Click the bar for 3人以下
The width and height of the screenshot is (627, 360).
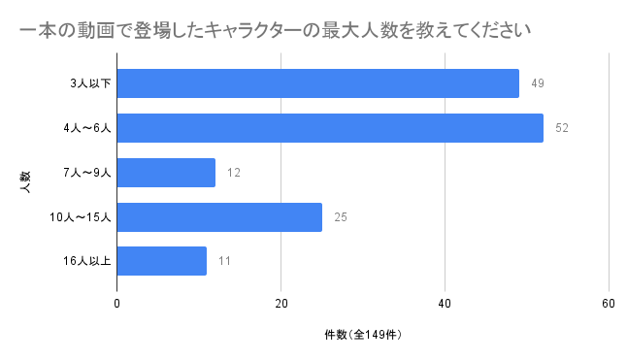[x=318, y=83]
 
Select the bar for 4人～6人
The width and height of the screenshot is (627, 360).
[x=330, y=128]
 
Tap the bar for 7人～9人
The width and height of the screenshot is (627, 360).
[x=166, y=173]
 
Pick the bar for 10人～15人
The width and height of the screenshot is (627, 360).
[x=219, y=217]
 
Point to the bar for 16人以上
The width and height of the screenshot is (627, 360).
[x=161, y=261]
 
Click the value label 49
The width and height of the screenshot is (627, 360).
[x=538, y=83]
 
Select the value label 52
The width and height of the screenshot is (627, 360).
[x=562, y=128]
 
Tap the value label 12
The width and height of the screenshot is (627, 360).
[x=234, y=173]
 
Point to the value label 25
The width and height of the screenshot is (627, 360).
[x=341, y=217]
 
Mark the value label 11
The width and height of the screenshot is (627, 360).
[x=225, y=261]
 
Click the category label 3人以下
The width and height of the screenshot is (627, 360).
[x=90, y=83]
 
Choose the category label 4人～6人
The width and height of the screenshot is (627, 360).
[x=87, y=128]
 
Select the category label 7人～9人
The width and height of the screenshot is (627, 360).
[x=87, y=173]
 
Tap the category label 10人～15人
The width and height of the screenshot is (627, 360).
[x=81, y=217]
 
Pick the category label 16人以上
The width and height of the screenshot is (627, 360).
[x=86, y=261]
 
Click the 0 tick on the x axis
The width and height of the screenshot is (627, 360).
[x=116, y=304]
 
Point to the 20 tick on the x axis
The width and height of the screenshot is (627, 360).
[x=281, y=304]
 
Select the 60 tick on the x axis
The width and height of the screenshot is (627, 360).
[x=609, y=304]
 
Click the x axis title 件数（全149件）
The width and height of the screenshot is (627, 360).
[x=363, y=335]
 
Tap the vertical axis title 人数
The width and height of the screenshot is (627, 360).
[x=25, y=182]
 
